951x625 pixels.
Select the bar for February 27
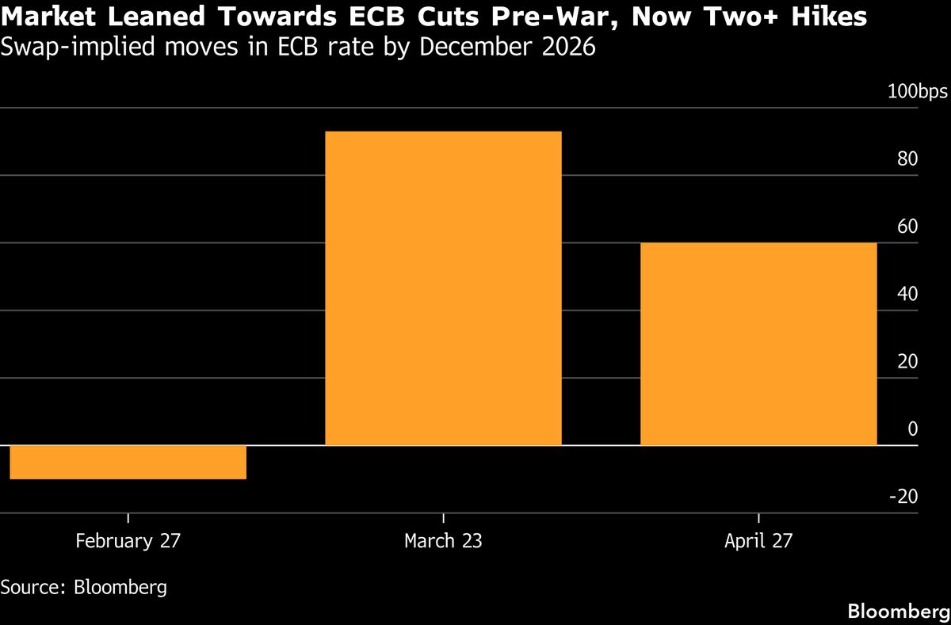point(128,463)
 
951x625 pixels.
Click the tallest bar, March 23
point(443,288)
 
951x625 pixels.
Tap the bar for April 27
point(758,344)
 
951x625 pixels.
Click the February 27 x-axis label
point(128,541)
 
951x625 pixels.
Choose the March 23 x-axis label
point(443,541)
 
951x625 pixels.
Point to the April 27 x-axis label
point(758,541)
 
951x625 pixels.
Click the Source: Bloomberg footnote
point(83,587)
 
